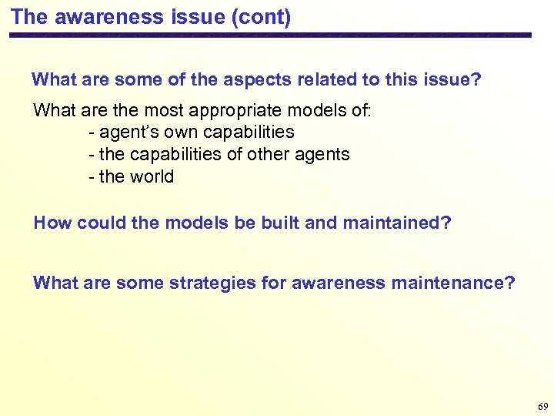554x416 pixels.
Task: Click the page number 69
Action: coord(543,406)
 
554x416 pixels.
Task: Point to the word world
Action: coord(152,176)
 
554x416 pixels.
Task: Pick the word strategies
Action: coord(209,283)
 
